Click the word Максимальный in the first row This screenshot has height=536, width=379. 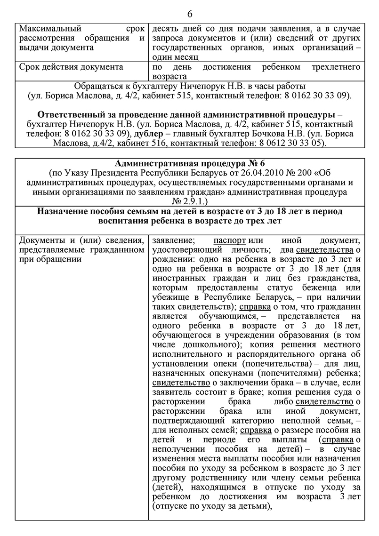coord(50,28)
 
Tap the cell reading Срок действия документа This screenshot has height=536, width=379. coord(71,67)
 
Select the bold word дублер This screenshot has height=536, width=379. coord(149,133)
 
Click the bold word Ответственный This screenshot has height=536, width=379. coord(73,115)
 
